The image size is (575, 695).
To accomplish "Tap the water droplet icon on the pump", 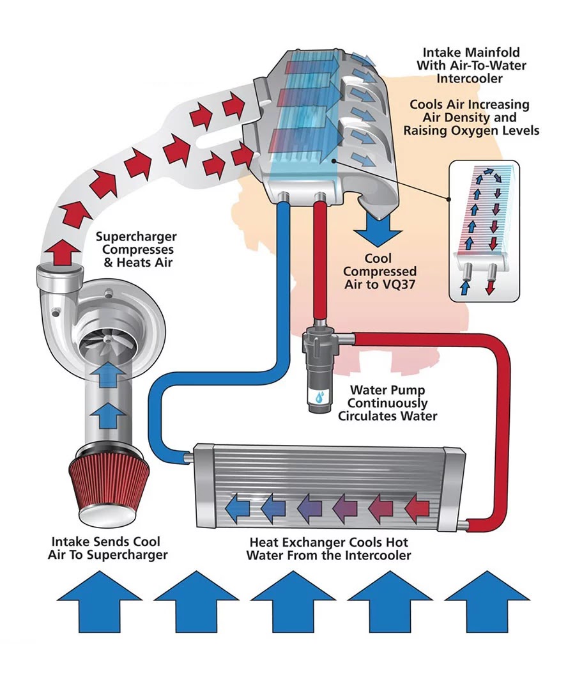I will tap(318, 397).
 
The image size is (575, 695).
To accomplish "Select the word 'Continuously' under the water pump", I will tap(388, 403).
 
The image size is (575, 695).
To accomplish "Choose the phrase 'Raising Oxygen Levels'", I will tap(471, 130).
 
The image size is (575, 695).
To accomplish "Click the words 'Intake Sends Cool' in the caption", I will tap(106, 542).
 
